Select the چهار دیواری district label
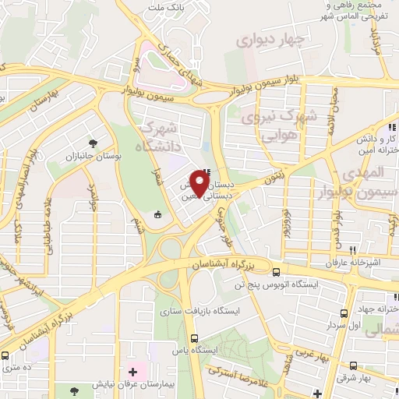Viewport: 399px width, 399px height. tap(267, 38)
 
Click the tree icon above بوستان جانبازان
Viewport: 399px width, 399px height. tap(94, 143)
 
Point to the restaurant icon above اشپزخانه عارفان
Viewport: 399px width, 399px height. tap(354, 250)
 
